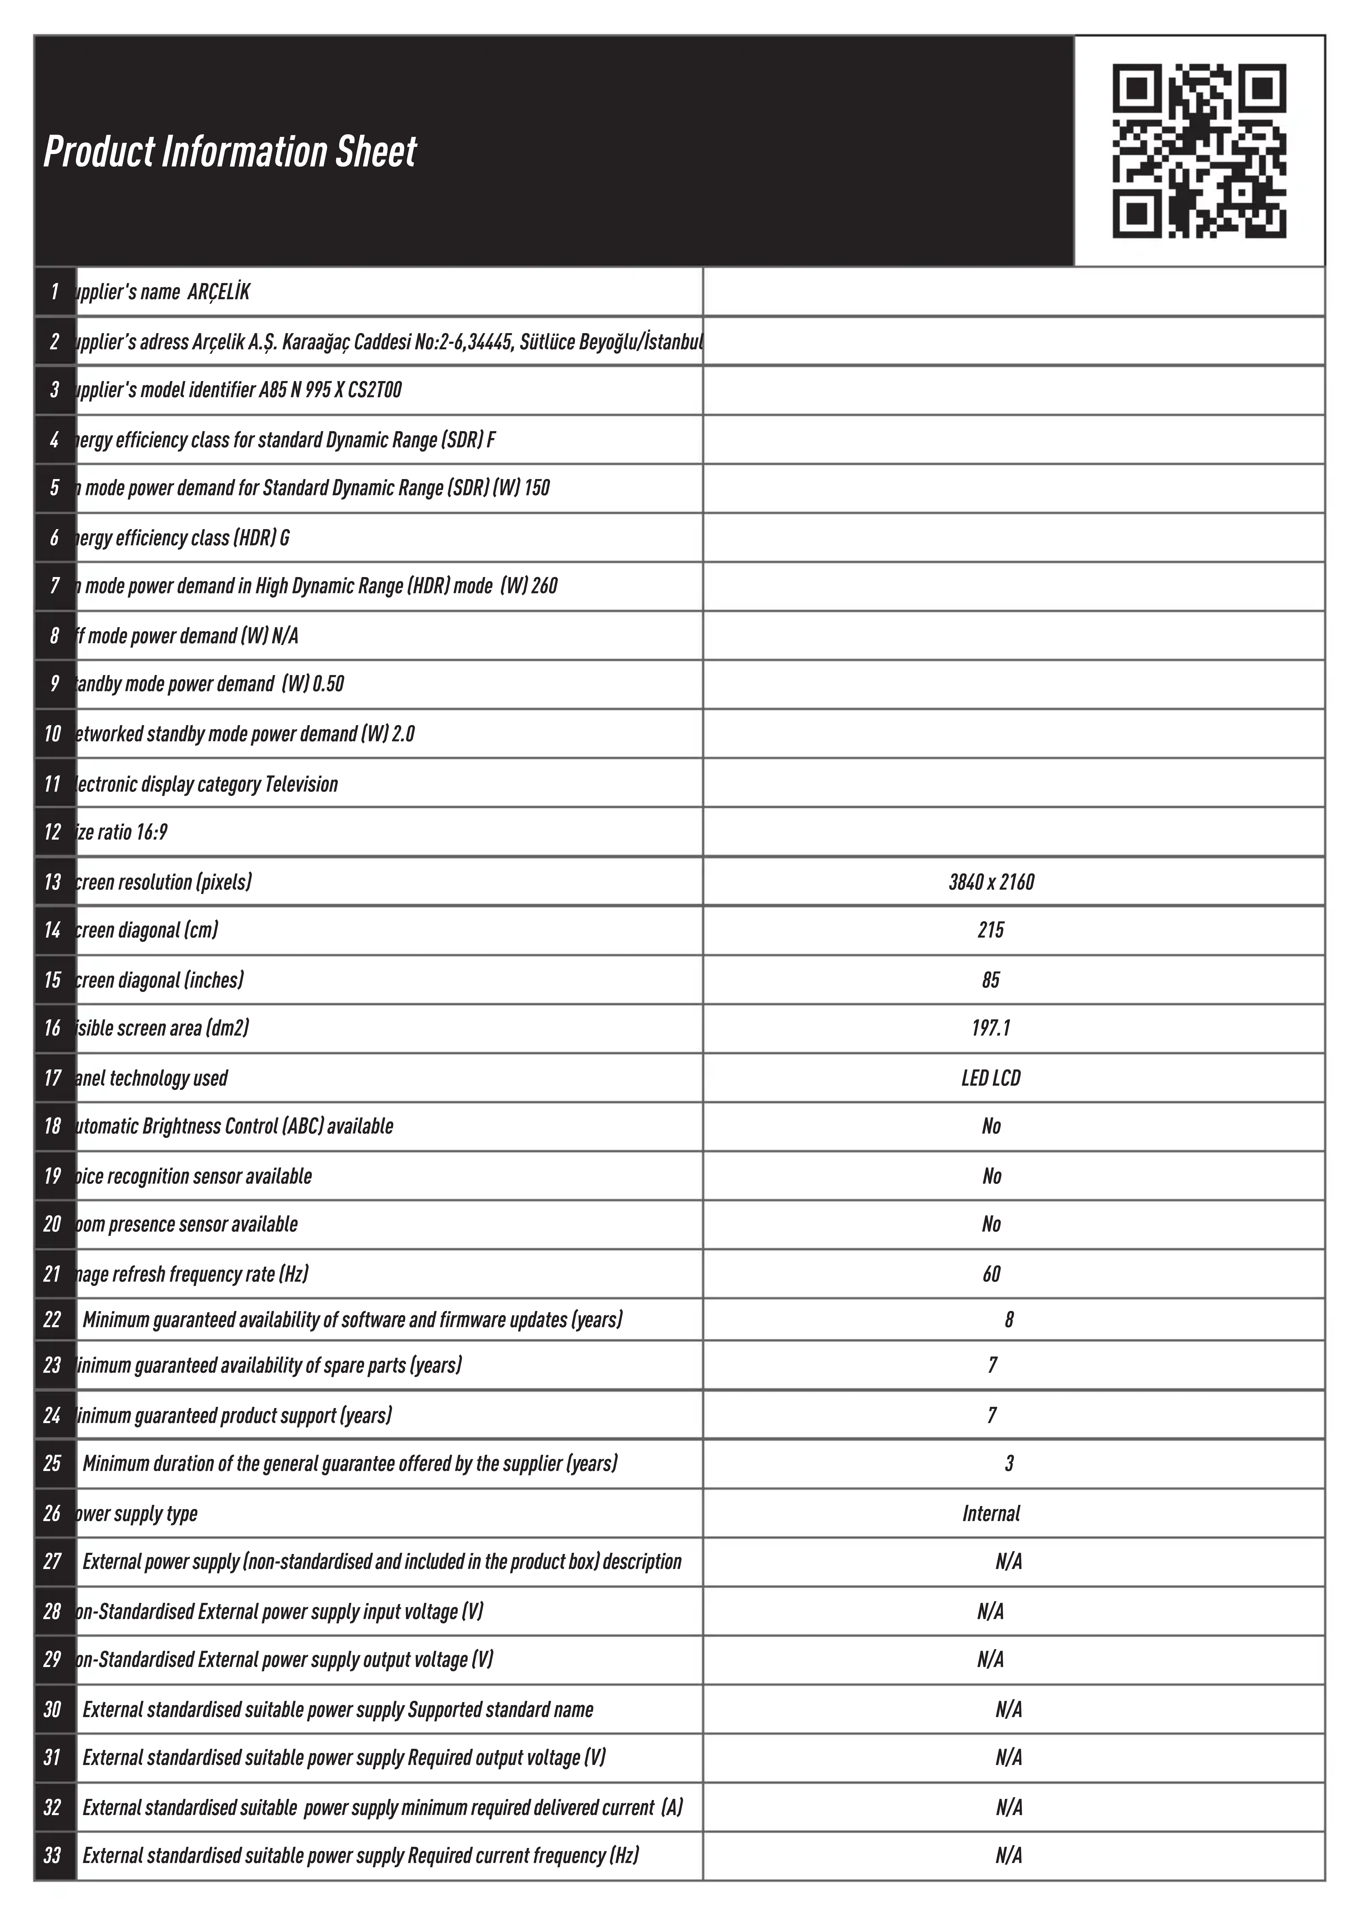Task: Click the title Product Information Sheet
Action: (230, 151)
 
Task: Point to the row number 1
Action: (54, 292)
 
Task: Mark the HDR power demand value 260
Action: (544, 586)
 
